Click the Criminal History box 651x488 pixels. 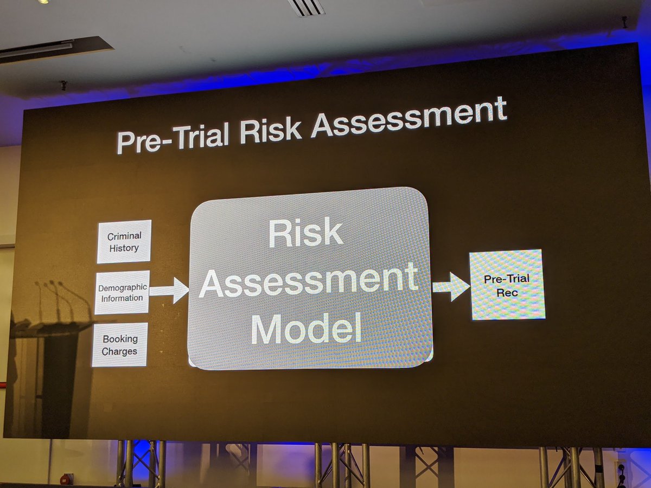tap(124, 242)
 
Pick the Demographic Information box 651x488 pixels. tap(122, 293)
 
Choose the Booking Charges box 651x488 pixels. tap(119, 345)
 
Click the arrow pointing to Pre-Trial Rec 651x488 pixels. tap(451, 286)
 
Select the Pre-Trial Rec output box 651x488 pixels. tap(507, 285)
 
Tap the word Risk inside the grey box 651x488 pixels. tap(305, 234)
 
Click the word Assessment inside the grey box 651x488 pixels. tap(308, 280)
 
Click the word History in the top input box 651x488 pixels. tap(124, 248)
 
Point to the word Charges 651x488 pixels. tap(119, 351)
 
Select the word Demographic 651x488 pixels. tap(123, 287)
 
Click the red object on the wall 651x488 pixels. tap(66, 479)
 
